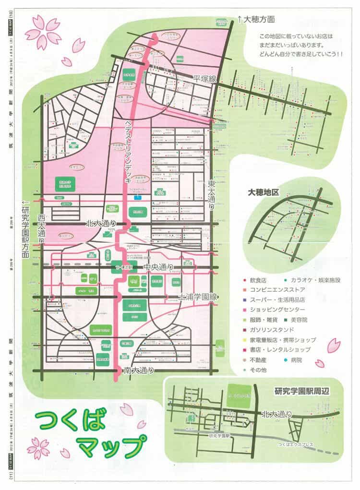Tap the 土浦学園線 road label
(198, 298)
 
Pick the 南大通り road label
(139, 370)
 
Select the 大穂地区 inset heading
(263, 192)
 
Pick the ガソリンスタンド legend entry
(276, 330)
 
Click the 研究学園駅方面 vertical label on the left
(25, 231)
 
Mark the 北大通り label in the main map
(101, 223)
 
